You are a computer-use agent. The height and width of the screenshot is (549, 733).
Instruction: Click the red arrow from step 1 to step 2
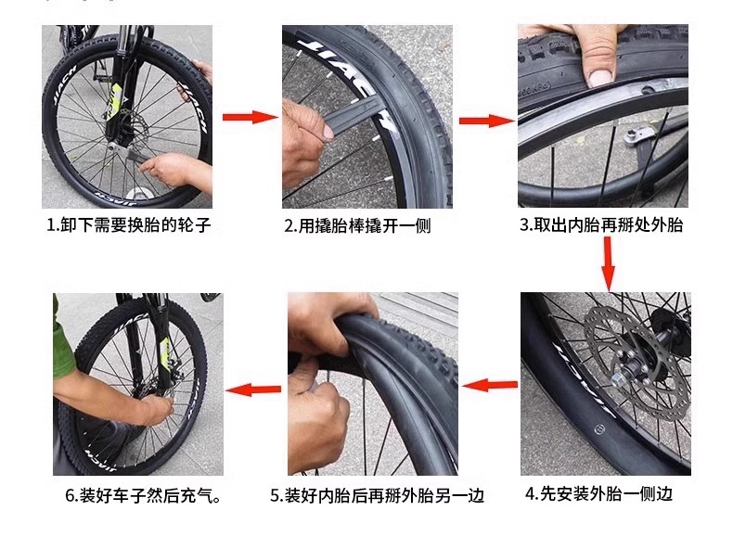250,117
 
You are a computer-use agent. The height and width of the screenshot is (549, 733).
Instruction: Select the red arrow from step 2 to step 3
486,121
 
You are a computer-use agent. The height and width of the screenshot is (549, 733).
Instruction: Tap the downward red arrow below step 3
608,264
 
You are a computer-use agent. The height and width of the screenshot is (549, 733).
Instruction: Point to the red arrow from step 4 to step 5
490,386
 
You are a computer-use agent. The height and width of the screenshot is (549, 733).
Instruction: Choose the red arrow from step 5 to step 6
253,389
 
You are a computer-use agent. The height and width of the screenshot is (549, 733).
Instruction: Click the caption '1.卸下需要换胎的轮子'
129,225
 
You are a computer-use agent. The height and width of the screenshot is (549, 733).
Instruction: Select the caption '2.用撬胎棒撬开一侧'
357,226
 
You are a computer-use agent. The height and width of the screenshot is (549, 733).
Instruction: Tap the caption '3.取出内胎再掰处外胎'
601,224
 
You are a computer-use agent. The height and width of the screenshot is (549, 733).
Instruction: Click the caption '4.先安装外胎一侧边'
598,493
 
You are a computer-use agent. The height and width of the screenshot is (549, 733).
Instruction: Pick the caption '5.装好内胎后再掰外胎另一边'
378,495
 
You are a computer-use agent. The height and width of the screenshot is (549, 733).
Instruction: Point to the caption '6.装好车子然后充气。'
144,495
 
